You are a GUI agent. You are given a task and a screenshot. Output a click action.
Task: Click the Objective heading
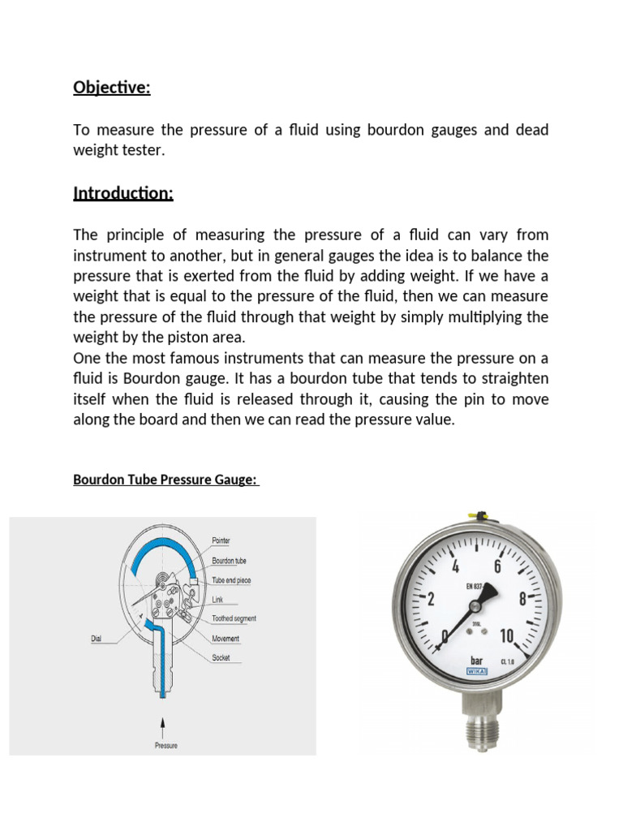pyautogui.click(x=112, y=88)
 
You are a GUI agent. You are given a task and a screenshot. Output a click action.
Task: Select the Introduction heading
pyautogui.click(x=123, y=193)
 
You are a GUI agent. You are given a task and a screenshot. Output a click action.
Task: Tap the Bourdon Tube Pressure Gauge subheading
pyautogui.click(x=165, y=480)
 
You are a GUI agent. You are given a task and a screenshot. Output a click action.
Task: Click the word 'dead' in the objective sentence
pyautogui.click(x=531, y=130)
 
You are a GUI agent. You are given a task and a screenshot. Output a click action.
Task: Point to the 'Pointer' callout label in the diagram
pyautogui.click(x=221, y=540)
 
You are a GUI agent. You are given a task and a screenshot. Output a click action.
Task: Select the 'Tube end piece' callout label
pyautogui.click(x=232, y=580)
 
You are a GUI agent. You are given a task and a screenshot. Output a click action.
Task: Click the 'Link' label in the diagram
pyautogui.click(x=217, y=600)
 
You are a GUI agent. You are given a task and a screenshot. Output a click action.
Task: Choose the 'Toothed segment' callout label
pyautogui.click(x=234, y=618)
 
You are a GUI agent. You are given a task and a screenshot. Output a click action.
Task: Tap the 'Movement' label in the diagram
pyautogui.click(x=226, y=639)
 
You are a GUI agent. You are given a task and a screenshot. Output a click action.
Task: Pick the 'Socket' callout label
pyautogui.click(x=221, y=657)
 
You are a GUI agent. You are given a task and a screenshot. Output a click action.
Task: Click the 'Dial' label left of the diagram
pyautogui.click(x=97, y=639)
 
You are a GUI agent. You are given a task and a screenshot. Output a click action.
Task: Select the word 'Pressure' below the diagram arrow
pyautogui.click(x=165, y=745)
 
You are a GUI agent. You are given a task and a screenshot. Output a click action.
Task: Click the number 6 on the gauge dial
pyautogui.click(x=496, y=566)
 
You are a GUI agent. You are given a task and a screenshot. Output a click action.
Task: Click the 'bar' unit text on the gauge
pyautogui.click(x=477, y=661)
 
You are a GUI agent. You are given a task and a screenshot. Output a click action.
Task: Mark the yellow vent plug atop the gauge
pyautogui.click(x=474, y=515)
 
